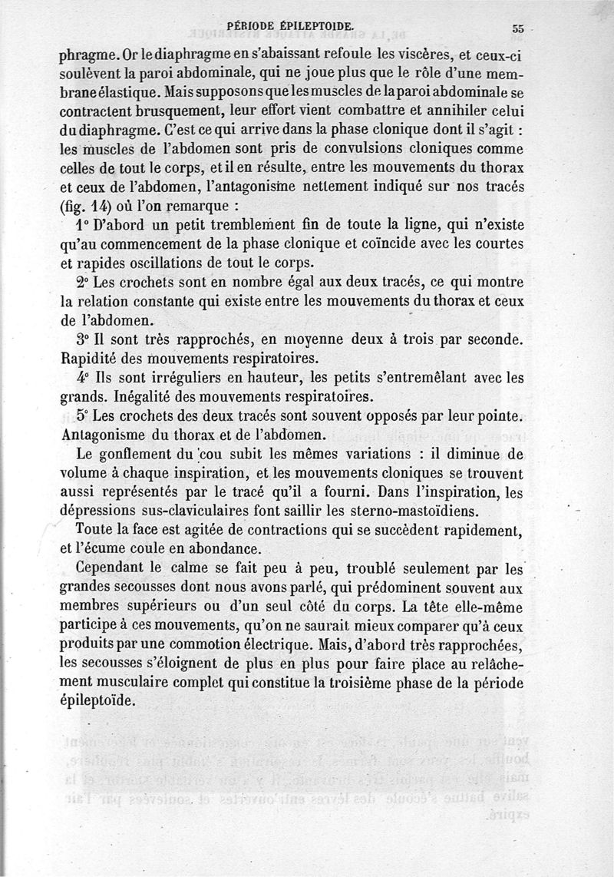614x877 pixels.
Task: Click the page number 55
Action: [518, 28]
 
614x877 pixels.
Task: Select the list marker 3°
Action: [84, 339]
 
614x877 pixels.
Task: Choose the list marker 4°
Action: [84, 378]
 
